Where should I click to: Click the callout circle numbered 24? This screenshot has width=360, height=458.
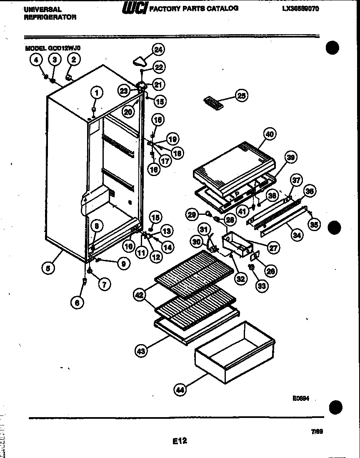158,49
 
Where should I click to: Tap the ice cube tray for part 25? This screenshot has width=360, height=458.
213,103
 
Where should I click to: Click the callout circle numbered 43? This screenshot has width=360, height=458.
141,352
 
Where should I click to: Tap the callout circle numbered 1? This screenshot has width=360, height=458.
96,92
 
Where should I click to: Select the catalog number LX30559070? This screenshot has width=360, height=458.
300,8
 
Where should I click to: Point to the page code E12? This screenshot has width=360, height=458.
180,440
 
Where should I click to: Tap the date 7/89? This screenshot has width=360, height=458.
317,432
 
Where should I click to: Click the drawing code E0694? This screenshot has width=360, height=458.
300,398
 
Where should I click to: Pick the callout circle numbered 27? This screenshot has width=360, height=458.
273,248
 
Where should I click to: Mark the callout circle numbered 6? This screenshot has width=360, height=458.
76,303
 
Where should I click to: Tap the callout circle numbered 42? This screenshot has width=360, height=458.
140,294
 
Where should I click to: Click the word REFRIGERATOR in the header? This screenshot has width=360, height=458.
50,17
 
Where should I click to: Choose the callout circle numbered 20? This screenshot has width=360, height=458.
128,111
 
